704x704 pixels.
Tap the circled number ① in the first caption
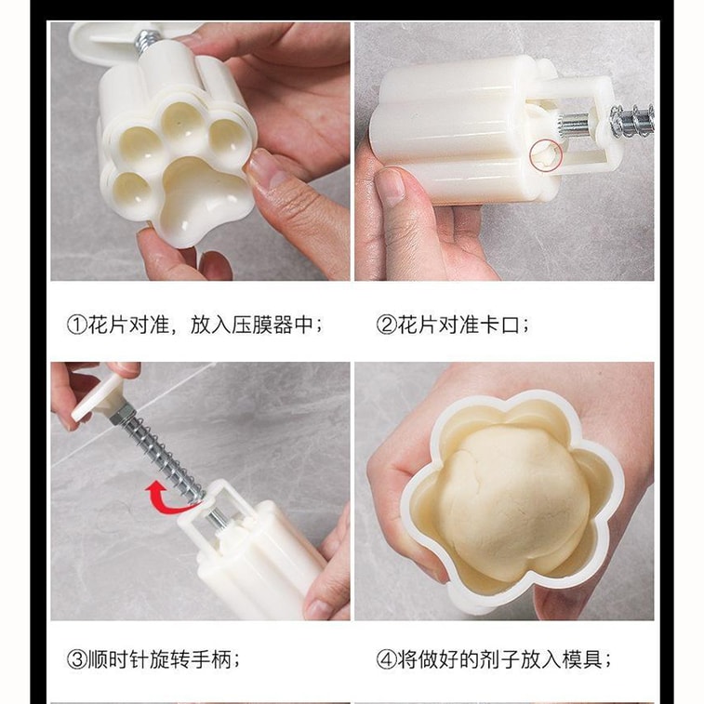[x=75, y=325]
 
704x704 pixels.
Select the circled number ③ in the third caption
[x=75, y=659]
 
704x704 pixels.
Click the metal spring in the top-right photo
[x=633, y=119]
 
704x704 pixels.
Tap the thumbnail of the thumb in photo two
[x=390, y=186]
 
